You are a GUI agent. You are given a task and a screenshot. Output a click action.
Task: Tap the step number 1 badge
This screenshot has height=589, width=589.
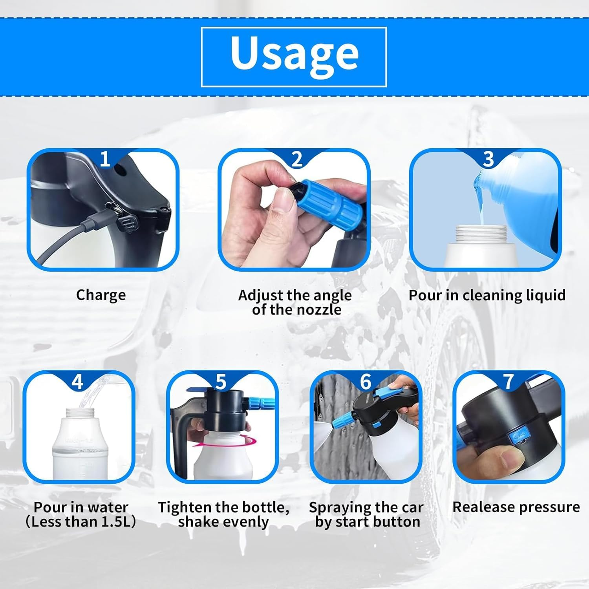[104, 159]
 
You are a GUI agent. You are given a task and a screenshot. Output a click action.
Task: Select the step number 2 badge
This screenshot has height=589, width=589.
[297, 159]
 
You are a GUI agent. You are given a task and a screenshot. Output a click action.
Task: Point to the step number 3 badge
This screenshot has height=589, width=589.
[488, 159]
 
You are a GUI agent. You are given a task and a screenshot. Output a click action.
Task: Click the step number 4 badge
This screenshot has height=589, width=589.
[77, 382]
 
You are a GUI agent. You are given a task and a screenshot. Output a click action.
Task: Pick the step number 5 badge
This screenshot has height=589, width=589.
[221, 382]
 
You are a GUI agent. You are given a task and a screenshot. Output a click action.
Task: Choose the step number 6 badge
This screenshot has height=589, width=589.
[365, 382]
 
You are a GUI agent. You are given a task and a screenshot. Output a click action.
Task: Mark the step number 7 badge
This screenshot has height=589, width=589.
[509, 382]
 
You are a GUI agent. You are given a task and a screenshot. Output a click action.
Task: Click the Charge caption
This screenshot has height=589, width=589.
[101, 295]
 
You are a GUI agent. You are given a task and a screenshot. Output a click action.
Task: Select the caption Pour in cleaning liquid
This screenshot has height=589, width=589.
[487, 295]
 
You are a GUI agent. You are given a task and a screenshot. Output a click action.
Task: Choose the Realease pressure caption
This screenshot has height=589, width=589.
[516, 507]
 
